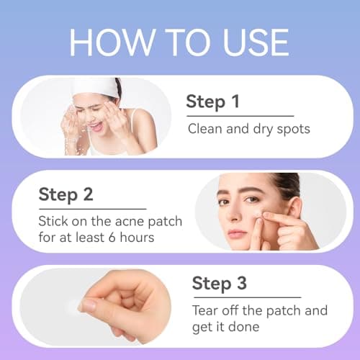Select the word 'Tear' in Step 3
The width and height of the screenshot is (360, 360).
point(206,311)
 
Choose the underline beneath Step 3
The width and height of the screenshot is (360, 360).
point(246,297)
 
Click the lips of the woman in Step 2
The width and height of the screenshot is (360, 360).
point(238,233)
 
